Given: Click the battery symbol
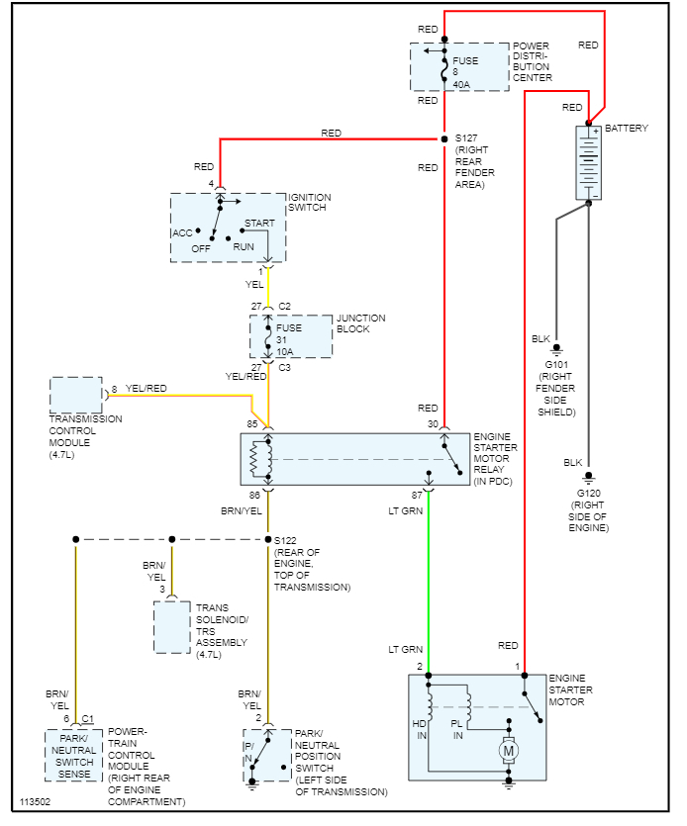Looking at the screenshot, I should [x=589, y=162].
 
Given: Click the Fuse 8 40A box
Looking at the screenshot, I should [x=445, y=67].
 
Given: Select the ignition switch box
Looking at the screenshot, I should [x=228, y=228].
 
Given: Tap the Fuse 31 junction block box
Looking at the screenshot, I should [x=290, y=337].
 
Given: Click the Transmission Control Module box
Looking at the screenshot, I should [x=76, y=395].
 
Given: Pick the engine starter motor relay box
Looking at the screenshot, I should [x=355, y=459].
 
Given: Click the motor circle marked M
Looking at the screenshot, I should [x=510, y=752].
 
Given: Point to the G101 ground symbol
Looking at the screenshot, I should [x=556, y=349].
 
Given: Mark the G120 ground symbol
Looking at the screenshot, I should [x=589, y=476].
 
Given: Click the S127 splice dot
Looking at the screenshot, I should [x=444, y=138].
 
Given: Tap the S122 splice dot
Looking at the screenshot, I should [x=268, y=540].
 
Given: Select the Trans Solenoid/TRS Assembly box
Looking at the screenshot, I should [x=172, y=626].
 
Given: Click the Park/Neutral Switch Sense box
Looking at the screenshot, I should [x=74, y=755].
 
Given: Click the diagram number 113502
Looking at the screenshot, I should [x=36, y=801].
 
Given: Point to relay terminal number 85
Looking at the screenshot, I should [x=252, y=424].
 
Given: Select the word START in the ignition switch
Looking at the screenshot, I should [x=259, y=224].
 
